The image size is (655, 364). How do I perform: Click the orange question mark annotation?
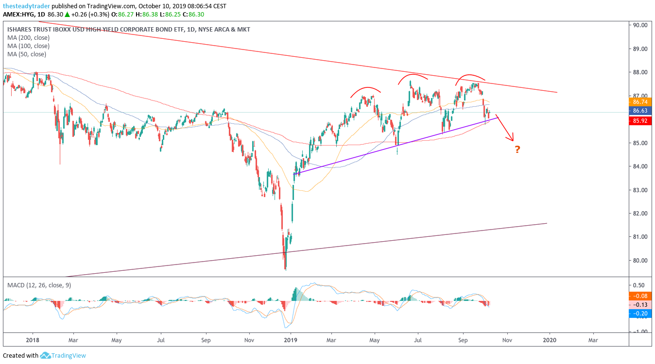(x=517, y=149)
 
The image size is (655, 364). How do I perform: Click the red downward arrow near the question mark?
(x=505, y=128)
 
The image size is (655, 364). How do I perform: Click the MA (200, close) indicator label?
(x=28, y=38)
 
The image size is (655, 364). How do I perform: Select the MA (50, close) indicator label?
(x=27, y=54)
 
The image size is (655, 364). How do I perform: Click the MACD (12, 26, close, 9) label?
(x=39, y=285)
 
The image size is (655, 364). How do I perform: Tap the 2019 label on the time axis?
(x=291, y=340)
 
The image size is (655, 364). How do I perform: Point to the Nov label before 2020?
(x=507, y=340)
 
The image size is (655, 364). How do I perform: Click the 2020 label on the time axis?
(x=550, y=340)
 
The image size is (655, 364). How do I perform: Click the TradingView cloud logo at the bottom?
(x=46, y=356)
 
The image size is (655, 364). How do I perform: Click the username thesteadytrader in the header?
(x=26, y=6)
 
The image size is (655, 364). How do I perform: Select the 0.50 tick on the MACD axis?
(x=638, y=285)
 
